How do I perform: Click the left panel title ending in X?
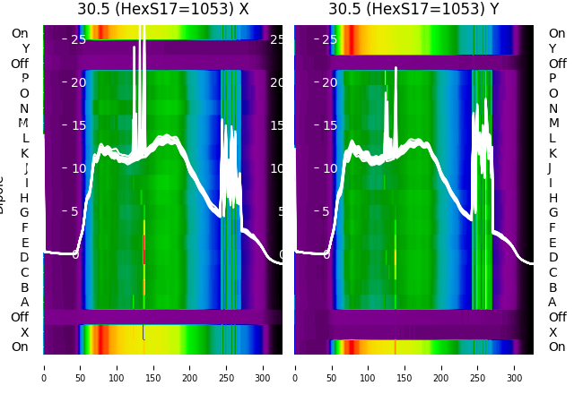pos(162,9)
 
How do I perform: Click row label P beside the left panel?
pos(24,79)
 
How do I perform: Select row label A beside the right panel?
pos(552,303)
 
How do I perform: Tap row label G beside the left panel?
pos(24,213)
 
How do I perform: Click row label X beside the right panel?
pos(552,332)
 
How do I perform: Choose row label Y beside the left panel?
pos(24,48)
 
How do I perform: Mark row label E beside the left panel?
pos(24,243)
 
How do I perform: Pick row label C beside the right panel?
pos(552,272)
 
